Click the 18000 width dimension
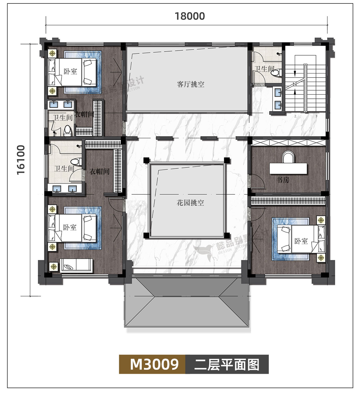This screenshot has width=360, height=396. coord(190,16)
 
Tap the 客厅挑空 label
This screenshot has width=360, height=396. coord(190,84)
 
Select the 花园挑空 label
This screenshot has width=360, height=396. coord(190,203)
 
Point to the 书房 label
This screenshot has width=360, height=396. coord(283,180)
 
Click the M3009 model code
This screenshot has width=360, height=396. coord(154,364)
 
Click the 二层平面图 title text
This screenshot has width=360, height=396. coord(227,364)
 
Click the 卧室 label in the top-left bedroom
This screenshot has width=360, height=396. coord(70,72)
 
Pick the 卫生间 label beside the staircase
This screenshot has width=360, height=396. coord(264,69)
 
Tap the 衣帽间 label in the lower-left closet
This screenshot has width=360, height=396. coord(99,172)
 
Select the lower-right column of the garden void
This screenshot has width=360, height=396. coord(227,236)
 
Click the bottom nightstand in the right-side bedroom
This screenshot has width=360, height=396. coord(320,258)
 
